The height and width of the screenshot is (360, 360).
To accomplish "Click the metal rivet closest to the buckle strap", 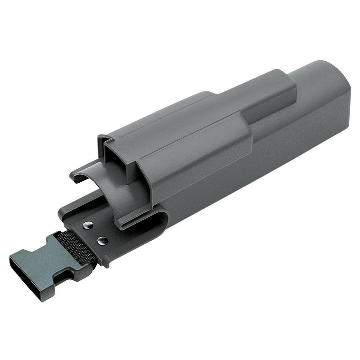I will pyautogui.click(x=102, y=241).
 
